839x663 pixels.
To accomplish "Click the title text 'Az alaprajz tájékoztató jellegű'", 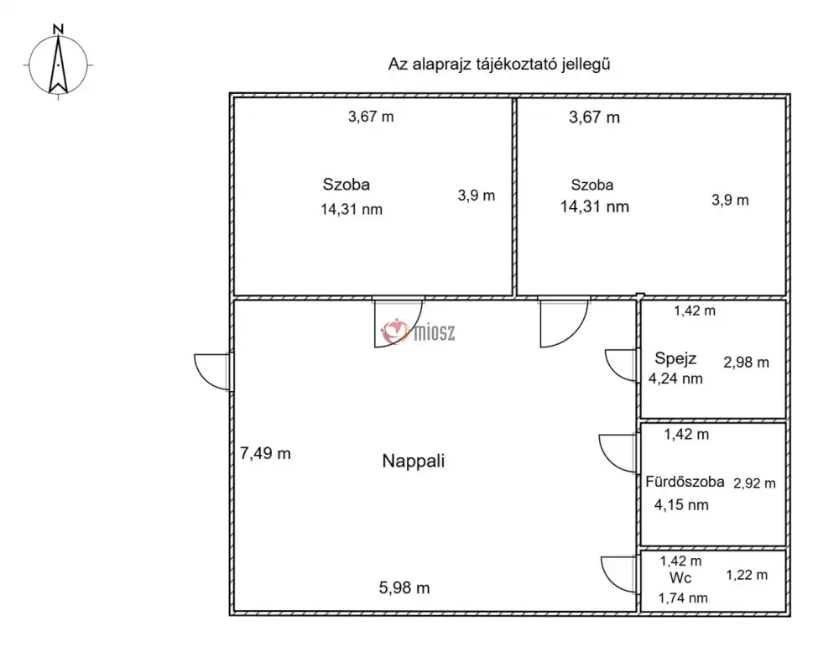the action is (x=499, y=65).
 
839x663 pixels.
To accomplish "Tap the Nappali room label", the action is (x=413, y=461).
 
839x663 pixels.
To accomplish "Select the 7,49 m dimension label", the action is (x=265, y=454).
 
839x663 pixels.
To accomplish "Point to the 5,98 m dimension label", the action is (x=404, y=588).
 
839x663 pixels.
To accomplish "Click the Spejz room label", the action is (x=675, y=358).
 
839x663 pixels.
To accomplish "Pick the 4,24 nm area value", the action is (x=675, y=378).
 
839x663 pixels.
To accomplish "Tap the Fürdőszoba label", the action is (x=685, y=482).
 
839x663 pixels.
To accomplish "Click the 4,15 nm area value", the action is (x=681, y=504).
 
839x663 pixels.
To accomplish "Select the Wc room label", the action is (x=680, y=578).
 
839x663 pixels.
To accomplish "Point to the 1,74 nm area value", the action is (x=683, y=598).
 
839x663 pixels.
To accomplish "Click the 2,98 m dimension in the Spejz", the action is (x=746, y=363).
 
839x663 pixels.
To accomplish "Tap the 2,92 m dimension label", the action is (x=754, y=483).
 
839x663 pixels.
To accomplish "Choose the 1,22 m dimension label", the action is (x=747, y=575).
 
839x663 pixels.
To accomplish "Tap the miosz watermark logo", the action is (x=418, y=332).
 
